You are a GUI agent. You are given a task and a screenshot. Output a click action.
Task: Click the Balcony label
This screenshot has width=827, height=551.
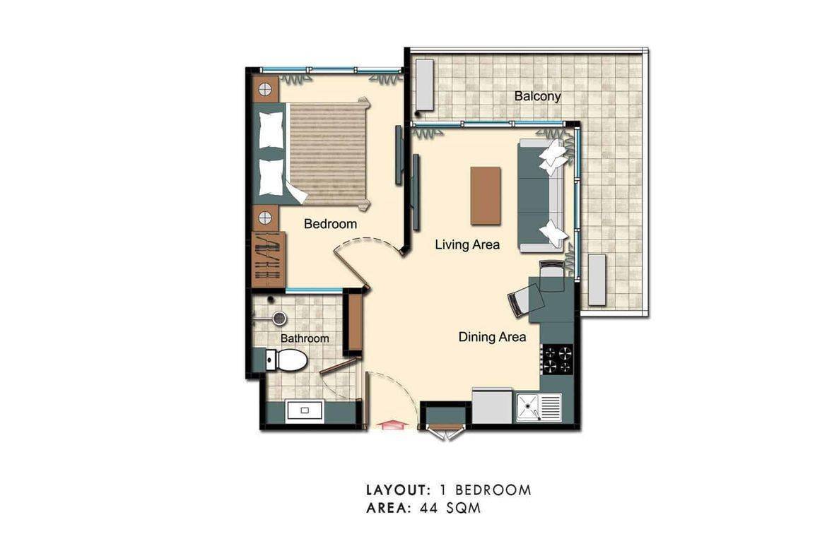(537, 96)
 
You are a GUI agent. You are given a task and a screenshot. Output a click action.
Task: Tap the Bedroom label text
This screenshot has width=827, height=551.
(330, 224)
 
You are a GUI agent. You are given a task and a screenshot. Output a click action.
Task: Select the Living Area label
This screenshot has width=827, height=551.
(467, 245)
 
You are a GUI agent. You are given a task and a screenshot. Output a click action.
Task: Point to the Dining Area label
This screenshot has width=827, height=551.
(492, 337)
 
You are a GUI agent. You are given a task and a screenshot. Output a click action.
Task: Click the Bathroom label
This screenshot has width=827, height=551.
(305, 338)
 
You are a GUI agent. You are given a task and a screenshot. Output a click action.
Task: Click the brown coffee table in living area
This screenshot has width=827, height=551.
(486, 196)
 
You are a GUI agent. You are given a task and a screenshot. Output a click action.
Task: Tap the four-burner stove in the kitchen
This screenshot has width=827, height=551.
(557, 358)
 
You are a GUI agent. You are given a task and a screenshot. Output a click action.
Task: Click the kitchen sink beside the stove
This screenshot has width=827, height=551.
(539, 406)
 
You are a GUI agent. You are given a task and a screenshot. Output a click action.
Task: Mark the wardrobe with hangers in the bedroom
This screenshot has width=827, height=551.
(269, 258)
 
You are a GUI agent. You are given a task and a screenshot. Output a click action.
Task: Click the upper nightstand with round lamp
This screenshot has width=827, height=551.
(265, 89)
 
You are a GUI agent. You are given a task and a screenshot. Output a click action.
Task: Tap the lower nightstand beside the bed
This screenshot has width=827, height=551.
(265, 217)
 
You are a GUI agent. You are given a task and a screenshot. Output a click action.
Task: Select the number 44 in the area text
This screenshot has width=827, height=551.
(430, 508)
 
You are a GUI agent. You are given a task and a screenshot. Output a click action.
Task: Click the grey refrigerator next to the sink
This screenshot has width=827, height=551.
(492, 407)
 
